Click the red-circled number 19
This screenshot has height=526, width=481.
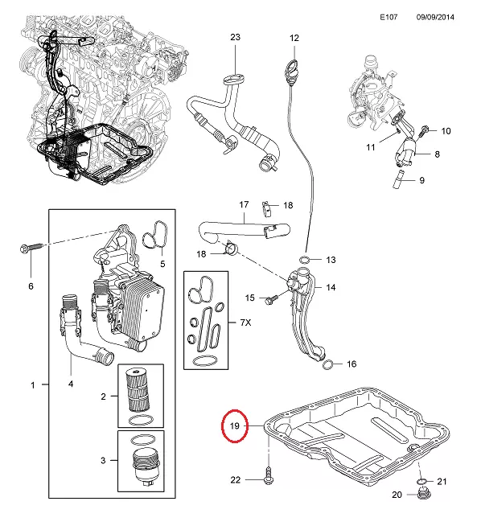[x=234, y=425]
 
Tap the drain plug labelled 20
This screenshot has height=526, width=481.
[x=424, y=494]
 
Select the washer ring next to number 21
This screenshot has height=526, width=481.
[x=421, y=482]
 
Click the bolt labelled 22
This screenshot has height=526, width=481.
[x=269, y=475]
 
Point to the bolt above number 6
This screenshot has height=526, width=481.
[x=31, y=248]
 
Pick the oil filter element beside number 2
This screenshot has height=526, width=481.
[x=138, y=390]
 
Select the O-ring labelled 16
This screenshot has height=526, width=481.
[x=327, y=364]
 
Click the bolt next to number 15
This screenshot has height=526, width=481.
[x=271, y=299]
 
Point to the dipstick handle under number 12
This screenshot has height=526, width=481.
[x=291, y=69]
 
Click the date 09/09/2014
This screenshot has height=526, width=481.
[x=435, y=17]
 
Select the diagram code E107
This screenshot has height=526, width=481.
[x=388, y=17]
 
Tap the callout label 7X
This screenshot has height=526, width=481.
[x=245, y=323]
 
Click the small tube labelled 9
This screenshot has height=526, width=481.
[x=400, y=179]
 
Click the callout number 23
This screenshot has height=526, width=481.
[x=235, y=37]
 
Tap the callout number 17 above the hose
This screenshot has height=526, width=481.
[x=244, y=204]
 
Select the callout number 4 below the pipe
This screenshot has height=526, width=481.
[x=71, y=384]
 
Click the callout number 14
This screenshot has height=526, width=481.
[x=331, y=287]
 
